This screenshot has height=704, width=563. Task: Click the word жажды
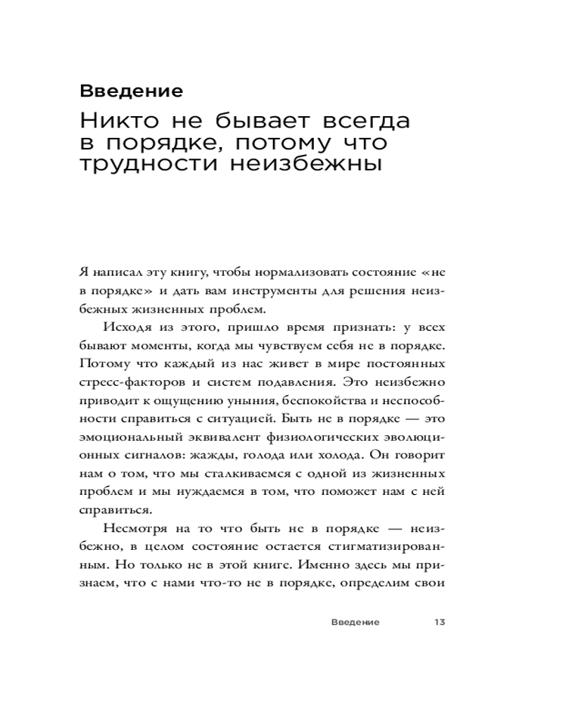(x=189, y=455)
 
